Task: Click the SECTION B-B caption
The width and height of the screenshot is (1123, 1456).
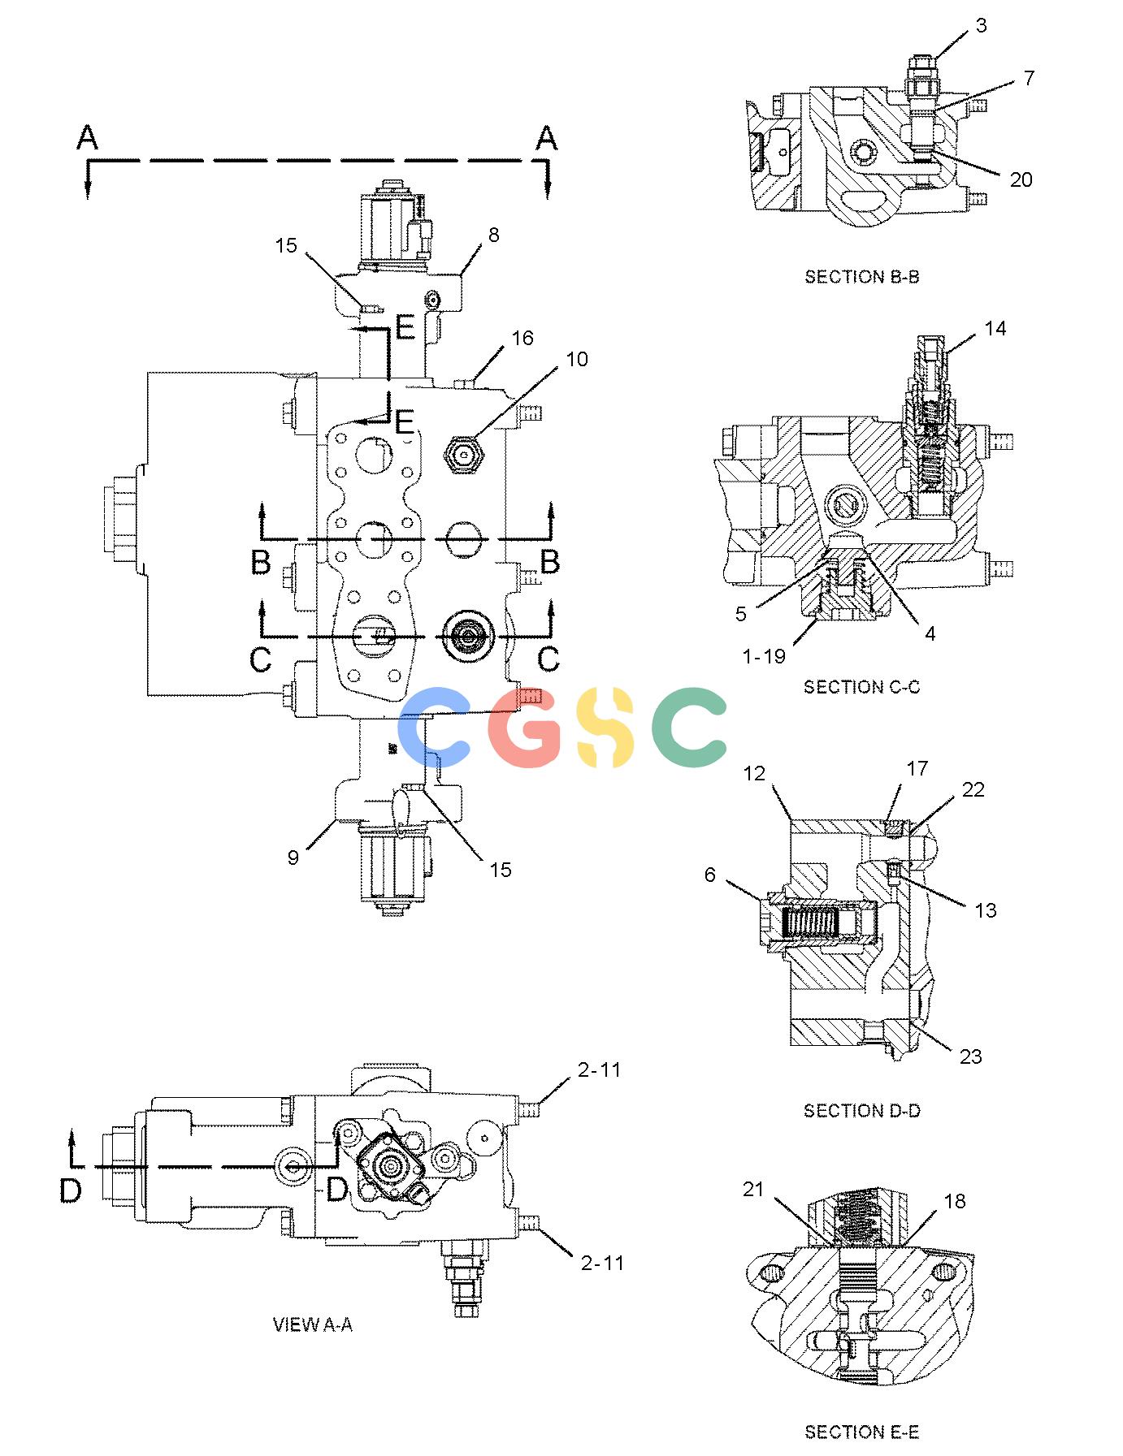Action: click(861, 277)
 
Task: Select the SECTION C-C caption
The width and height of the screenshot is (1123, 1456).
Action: click(861, 687)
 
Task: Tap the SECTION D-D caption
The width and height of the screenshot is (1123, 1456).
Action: click(861, 1110)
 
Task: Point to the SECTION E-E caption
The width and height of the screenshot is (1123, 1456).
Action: click(861, 1432)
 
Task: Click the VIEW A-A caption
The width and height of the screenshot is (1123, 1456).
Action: click(313, 1324)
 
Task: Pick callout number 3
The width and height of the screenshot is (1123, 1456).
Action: click(981, 26)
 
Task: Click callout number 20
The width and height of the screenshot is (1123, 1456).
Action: click(1021, 179)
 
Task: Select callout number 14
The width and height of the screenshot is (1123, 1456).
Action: click(995, 328)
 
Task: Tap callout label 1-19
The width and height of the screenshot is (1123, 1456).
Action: click(765, 656)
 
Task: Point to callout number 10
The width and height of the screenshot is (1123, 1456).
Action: click(577, 359)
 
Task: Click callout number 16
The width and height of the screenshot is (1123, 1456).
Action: click(522, 338)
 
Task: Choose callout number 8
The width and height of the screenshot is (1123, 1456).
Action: click(493, 235)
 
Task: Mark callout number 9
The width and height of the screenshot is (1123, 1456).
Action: click(293, 857)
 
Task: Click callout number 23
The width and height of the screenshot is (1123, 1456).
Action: click(971, 1056)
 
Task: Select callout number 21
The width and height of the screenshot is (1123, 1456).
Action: click(753, 1189)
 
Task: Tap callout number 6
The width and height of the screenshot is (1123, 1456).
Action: click(710, 875)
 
